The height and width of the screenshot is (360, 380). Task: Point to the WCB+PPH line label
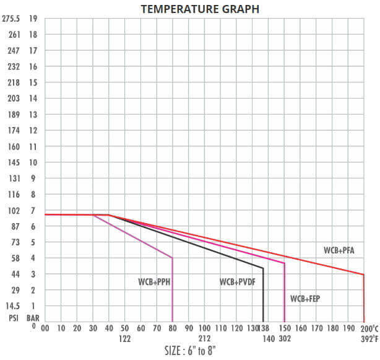tap(153, 282)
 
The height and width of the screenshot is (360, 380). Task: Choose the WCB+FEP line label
tap(305, 299)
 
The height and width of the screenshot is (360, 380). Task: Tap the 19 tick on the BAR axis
tap(33, 19)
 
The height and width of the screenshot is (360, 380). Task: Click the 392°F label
tap(369, 338)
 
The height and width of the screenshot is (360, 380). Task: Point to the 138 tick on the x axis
tap(264, 328)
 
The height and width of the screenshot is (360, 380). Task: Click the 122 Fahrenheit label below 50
tap(125, 338)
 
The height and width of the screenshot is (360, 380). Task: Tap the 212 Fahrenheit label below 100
tap(205, 338)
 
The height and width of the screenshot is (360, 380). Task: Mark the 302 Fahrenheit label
tap(285, 338)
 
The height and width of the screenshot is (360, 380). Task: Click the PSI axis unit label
tap(14, 317)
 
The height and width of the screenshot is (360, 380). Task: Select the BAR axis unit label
tap(33, 317)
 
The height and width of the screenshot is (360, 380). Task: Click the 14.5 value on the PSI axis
tap(14, 306)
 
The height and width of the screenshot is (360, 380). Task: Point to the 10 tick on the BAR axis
tap(33, 162)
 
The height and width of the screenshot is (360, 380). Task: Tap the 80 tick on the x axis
tap(173, 328)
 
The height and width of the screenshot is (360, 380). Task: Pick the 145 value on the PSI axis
tap(14, 162)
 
